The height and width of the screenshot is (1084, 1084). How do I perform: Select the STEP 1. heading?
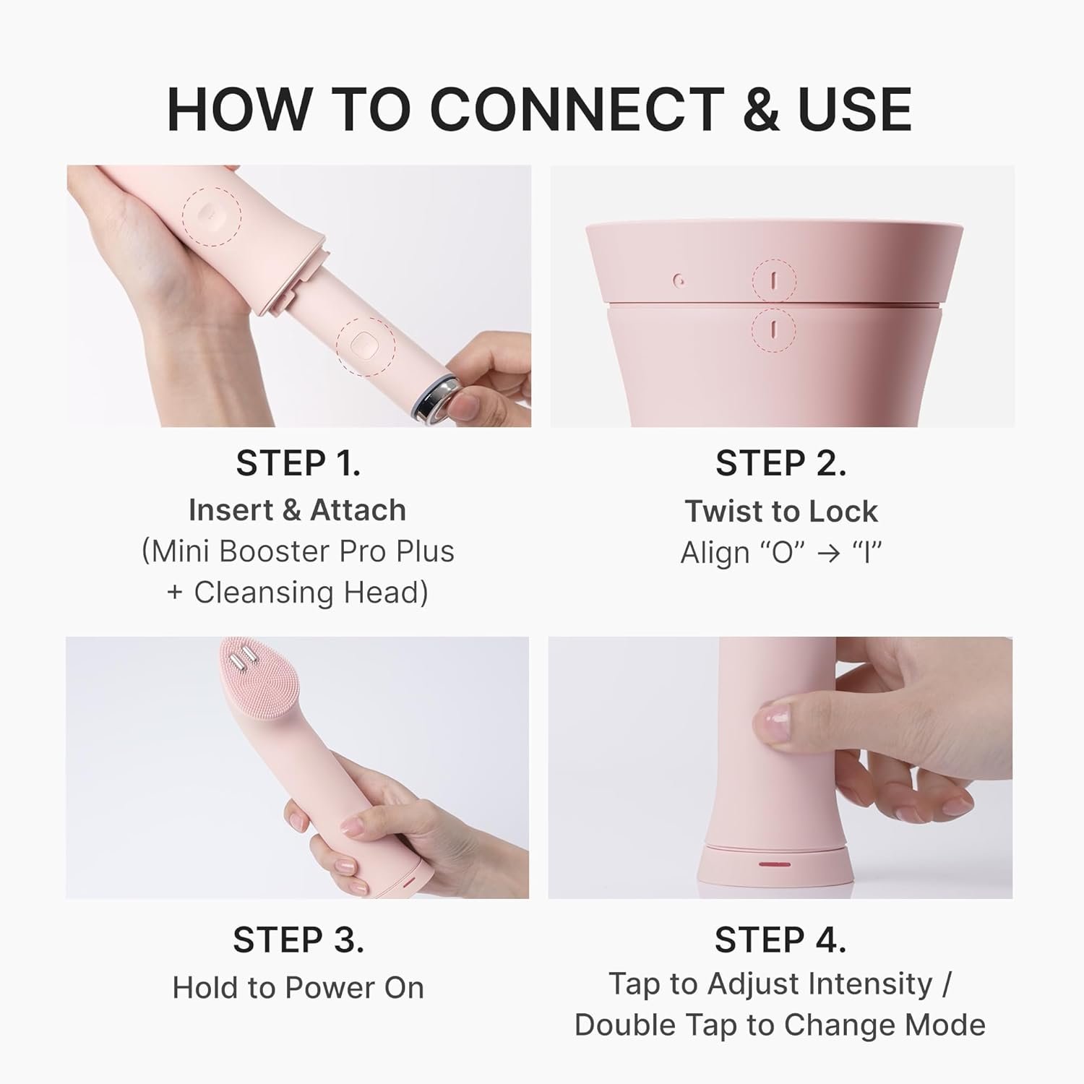[298, 463]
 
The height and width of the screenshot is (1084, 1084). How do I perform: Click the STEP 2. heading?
[780, 463]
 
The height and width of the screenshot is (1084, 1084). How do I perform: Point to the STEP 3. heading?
[298, 939]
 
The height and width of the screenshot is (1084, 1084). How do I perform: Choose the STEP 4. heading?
[780, 939]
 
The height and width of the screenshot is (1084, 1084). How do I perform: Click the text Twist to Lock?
[781, 511]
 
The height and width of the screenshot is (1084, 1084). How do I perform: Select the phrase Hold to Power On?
[298, 987]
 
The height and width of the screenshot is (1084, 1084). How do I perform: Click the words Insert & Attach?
[297, 510]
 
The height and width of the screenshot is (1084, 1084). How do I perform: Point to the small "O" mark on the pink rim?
[677, 280]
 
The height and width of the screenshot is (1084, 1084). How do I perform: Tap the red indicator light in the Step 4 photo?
[774, 864]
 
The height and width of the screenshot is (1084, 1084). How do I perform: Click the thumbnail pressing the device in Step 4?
[770, 723]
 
